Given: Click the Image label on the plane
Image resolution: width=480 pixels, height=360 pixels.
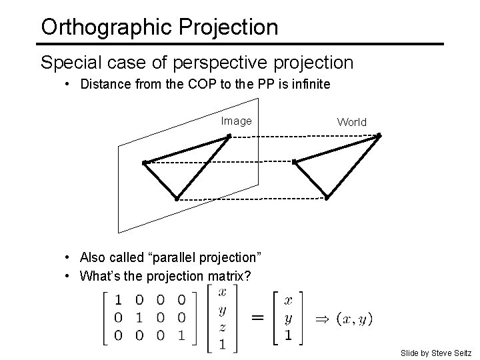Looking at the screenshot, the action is pos(237,121).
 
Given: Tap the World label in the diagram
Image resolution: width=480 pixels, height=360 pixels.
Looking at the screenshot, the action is pos(351,122).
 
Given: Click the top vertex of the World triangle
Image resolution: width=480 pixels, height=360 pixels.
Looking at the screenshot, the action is pos(378,135).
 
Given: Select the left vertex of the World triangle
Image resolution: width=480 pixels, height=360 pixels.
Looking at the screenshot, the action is pos(294,161).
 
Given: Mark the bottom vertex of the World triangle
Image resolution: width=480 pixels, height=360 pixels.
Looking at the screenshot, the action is pos(327,197).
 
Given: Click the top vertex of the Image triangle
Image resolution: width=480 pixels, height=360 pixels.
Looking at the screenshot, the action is pos(228,136).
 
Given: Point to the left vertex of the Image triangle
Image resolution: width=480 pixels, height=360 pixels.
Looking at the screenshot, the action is pos(144,162).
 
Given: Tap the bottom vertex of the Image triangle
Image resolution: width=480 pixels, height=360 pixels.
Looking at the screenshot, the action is pos(177,199).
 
